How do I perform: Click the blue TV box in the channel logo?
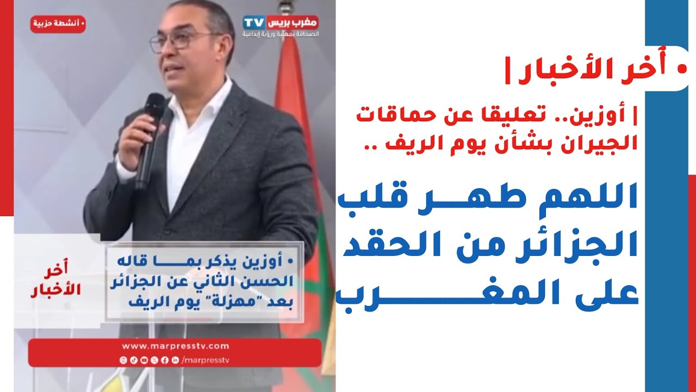point(254,22)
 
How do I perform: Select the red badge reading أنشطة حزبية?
point(58,24)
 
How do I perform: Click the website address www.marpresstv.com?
point(176,346)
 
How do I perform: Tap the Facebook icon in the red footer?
point(165,360)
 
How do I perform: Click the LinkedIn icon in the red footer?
point(175,360)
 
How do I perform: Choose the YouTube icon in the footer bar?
point(144,360)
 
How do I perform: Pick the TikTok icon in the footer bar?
point(134,360)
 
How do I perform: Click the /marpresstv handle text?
point(206,360)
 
